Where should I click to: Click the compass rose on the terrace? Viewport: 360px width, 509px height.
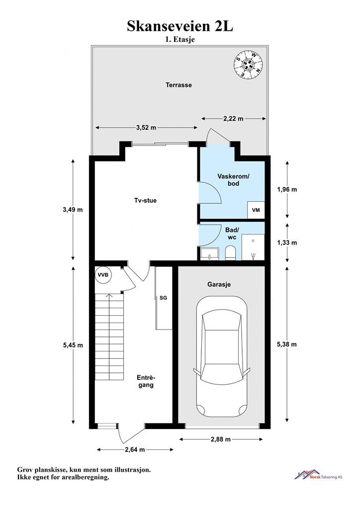click(248, 65)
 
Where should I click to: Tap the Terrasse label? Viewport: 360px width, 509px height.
click(179, 85)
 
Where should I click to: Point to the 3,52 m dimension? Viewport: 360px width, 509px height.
click(146, 128)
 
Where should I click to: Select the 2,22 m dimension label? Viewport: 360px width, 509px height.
click(233, 119)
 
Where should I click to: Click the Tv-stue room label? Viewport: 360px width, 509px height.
click(145, 201)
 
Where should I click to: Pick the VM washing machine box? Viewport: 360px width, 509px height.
click(256, 210)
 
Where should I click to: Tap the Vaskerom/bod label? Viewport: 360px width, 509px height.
click(233, 180)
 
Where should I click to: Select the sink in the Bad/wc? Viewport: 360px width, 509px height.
click(210, 254)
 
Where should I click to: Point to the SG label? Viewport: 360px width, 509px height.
click(163, 298)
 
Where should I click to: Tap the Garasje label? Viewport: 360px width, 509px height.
click(219, 284)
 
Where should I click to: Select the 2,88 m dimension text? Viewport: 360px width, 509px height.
click(221, 439)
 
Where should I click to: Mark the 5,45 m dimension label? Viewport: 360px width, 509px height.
click(73, 345)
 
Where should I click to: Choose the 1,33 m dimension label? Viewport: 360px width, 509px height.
click(287, 243)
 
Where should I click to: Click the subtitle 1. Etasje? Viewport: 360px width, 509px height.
click(180, 40)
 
